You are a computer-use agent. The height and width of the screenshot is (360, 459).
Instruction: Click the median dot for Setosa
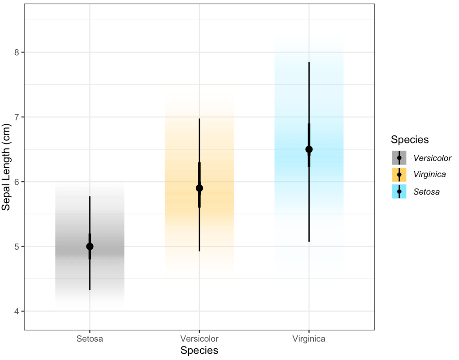point(90,246)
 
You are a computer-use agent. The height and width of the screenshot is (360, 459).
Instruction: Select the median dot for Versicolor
point(199,188)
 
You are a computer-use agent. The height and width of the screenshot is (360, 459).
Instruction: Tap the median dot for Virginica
point(309,149)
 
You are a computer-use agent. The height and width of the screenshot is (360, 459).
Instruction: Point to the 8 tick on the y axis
point(17,52)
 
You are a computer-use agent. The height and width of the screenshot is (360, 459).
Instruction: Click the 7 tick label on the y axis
point(17,117)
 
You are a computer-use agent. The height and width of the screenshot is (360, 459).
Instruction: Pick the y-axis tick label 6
point(17,182)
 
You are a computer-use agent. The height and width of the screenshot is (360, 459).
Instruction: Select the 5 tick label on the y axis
point(17,247)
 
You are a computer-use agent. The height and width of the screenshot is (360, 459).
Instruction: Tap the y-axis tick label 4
point(17,311)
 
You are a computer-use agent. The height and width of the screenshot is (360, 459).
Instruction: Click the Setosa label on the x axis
point(90,338)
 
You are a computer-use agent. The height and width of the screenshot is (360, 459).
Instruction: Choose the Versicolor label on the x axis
point(199,338)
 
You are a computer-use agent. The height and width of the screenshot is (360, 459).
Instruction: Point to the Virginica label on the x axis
point(309,338)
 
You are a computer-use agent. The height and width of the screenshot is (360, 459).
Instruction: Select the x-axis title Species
point(199,350)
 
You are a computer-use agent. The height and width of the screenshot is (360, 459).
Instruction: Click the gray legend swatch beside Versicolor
point(399,158)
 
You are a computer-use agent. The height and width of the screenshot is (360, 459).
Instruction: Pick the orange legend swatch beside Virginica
point(399,174)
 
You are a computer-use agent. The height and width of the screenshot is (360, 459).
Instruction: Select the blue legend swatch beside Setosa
point(399,191)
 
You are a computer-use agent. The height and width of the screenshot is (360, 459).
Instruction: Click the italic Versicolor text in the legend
point(433,158)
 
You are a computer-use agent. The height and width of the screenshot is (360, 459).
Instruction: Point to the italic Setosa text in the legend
point(427,192)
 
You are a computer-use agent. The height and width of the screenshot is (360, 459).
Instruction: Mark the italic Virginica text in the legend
point(430,175)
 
